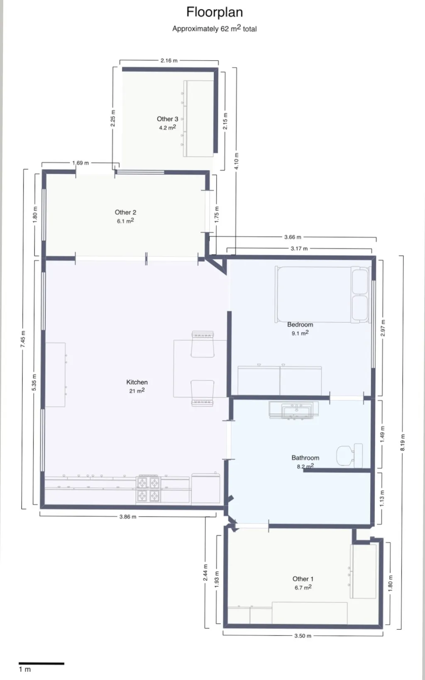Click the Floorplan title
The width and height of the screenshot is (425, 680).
(215, 12)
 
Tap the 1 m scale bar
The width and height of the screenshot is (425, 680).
(42, 663)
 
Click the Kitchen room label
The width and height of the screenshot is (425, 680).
(137, 382)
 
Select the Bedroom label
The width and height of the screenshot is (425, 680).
(300, 324)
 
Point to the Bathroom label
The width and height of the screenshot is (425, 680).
(305, 458)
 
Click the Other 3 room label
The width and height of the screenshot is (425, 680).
(167, 119)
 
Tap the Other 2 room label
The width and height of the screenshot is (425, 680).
(125, 212)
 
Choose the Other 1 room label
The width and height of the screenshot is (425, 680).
(303, 579)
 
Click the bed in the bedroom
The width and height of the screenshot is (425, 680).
(323, 295)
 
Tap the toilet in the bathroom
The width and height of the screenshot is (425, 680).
(349, 456)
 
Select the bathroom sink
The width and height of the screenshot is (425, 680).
(294, 410)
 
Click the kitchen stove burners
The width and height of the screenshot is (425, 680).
(148, 489)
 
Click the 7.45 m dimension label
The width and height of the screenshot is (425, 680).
(23, 339)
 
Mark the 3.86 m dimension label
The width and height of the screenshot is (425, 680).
(128, 517)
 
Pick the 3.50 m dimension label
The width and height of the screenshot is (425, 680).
(303, 636)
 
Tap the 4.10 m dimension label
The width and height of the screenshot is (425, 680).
(237, 161)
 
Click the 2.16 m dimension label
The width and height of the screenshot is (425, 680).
(169, 61)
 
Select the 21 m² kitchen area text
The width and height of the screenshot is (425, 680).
(137, 391)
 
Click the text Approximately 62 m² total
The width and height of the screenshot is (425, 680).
(215, 29)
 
